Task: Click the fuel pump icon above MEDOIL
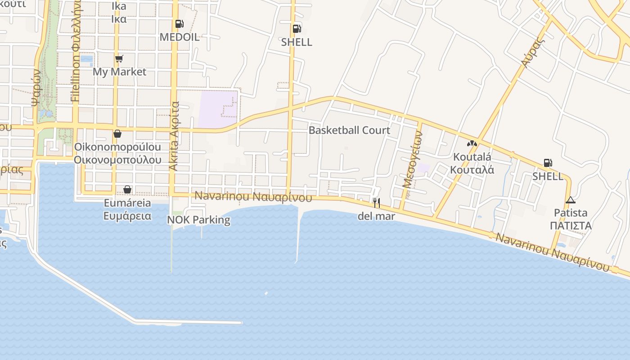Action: point(179,24)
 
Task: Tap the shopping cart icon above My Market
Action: point(119,58)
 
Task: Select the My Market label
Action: point(119,72)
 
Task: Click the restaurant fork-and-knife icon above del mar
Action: point(377,203)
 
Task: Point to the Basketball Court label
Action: point(349,130)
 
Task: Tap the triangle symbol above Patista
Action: point(571,200)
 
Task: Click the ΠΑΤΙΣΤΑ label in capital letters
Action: point(571,225)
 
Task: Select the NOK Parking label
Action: point(198,220)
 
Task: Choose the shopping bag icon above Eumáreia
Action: point(127,189)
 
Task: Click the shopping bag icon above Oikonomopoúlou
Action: point(117,134)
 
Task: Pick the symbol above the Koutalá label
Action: point(472,144)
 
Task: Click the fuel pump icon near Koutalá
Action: point(548,163)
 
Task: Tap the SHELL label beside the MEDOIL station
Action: point(297,42)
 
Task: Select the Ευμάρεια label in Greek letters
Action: point(127,216)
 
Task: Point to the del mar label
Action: point(376,216)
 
